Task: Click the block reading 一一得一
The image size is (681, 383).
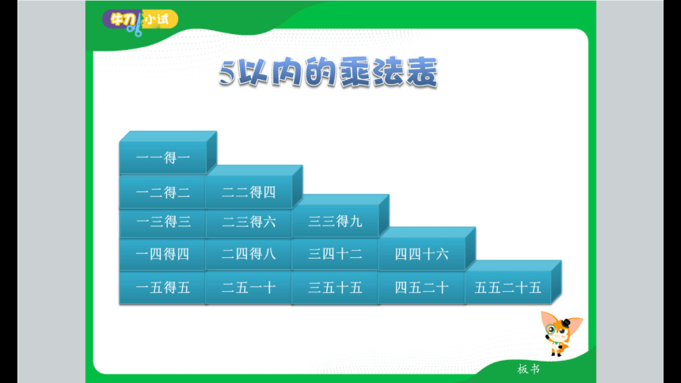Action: (x=163, y=157)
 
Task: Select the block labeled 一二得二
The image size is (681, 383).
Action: (x=162, y=192)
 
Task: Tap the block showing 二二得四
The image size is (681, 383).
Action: (x=249, y=192)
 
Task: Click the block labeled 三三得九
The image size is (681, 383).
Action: (x=335, y=222)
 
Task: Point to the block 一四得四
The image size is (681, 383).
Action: (x=162, y=255)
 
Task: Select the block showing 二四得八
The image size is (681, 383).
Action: (x=249, y=255)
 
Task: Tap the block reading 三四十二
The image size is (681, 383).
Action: (x=335, y=255)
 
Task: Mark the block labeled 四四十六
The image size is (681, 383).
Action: (x=422, y=254)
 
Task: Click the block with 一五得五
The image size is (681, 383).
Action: (x=162, y=287)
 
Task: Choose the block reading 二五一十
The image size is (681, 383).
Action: (x=249, y=287)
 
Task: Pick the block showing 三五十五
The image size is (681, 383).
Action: (x=335, y=287)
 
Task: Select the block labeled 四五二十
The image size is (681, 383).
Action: (x=422, y=287)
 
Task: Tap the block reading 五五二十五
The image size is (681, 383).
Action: (x=508, y=287)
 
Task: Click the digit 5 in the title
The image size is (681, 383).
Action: (x=227, y=73)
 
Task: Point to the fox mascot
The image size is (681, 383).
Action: (x=561, y=333)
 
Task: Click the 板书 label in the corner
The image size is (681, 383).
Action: (x=528, y=369)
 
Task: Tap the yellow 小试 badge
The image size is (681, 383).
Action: (x=159, y=19)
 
